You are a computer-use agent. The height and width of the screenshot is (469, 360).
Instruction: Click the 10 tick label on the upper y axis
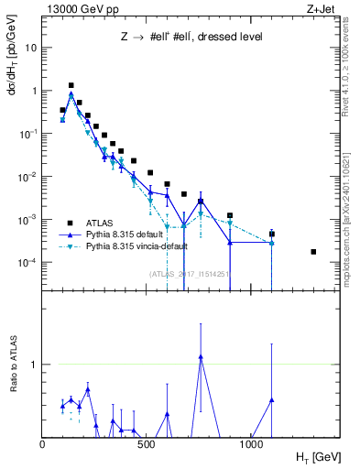(x=31, y=48)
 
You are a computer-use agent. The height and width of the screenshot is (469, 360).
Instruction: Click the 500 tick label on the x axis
(x=148, y=444)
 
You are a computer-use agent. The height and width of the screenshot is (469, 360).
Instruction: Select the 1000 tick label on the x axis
(x=251, y=444)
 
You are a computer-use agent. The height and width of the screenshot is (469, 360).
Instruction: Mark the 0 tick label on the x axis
(x=43, y=444)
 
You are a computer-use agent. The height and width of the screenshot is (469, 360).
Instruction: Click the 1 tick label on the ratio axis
(x=35, y=365)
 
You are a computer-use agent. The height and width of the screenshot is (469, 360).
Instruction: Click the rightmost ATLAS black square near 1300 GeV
(x=313, y=252)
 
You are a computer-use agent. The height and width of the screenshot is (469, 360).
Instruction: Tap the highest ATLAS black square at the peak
(x=71, y=85)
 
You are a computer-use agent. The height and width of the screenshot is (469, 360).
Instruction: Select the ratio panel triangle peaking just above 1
(x=200, y=357)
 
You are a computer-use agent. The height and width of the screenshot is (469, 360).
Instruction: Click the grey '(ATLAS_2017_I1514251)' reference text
(x=189, y=273)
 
